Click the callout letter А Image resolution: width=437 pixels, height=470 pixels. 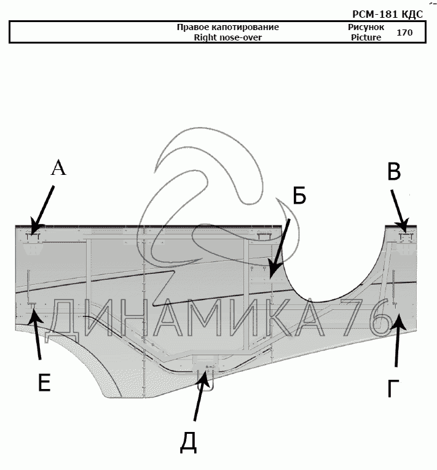tap(58, 168)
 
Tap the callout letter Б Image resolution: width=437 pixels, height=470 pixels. tap(299, 196)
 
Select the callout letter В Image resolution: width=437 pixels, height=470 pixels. tap(394, 172)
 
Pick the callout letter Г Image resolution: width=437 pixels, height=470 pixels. tap(393, 388)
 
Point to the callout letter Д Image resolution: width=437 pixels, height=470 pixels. tap(188, 442)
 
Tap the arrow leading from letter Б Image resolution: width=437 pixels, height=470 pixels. tap(279, 248)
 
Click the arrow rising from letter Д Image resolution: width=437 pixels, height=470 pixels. tap(200, 396)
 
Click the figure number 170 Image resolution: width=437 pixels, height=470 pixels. tap(404, 33)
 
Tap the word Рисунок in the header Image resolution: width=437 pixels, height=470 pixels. tap(366, 27)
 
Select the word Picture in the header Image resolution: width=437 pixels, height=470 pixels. tap(366, 37)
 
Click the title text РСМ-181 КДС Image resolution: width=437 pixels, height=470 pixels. tap(387, 14)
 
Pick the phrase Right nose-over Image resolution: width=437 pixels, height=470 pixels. tap(227, 37)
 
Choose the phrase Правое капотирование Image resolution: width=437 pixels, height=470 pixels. tap(227, 27)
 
